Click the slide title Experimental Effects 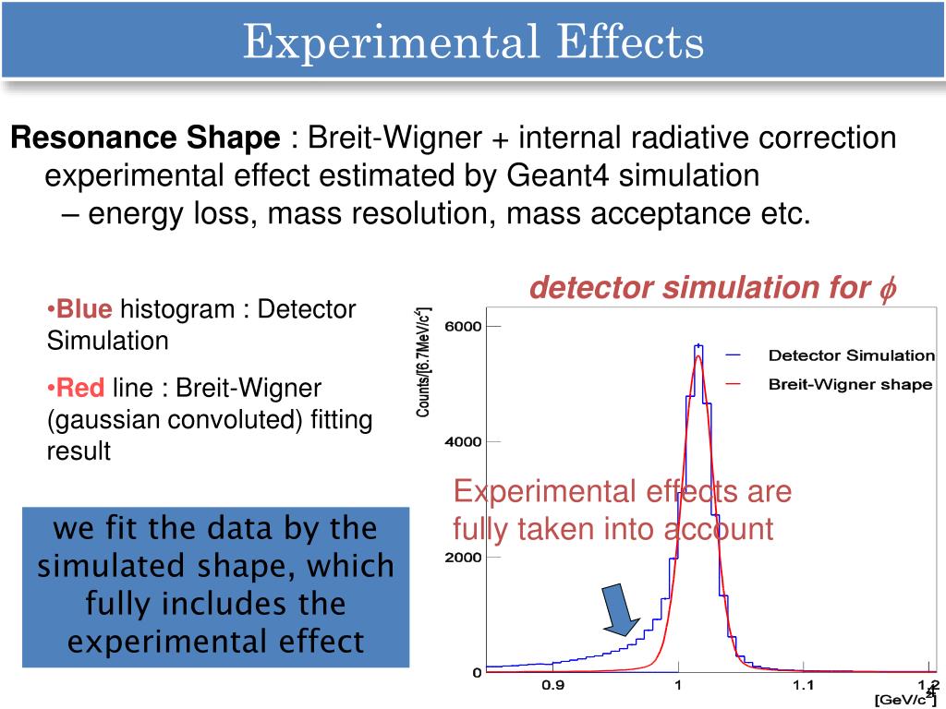(x=473, y=42)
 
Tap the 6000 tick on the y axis (x=464, y=327)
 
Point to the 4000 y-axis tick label (x=464, y=442)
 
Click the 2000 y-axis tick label (x=464, y=558)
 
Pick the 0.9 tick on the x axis (x=552, y=686)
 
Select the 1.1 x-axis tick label (x=803, y=686)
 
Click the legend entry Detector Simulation (x=851, y=355)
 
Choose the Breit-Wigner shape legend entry (x=850, y=385)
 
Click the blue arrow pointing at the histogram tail (x=616, y=610)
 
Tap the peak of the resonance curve (x=698, y=354)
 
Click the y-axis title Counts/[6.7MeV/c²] (x=423, y=362)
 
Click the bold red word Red (x=81, y=388)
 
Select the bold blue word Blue (x=84, y=309)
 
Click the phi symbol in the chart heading (x=887, y=289)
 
